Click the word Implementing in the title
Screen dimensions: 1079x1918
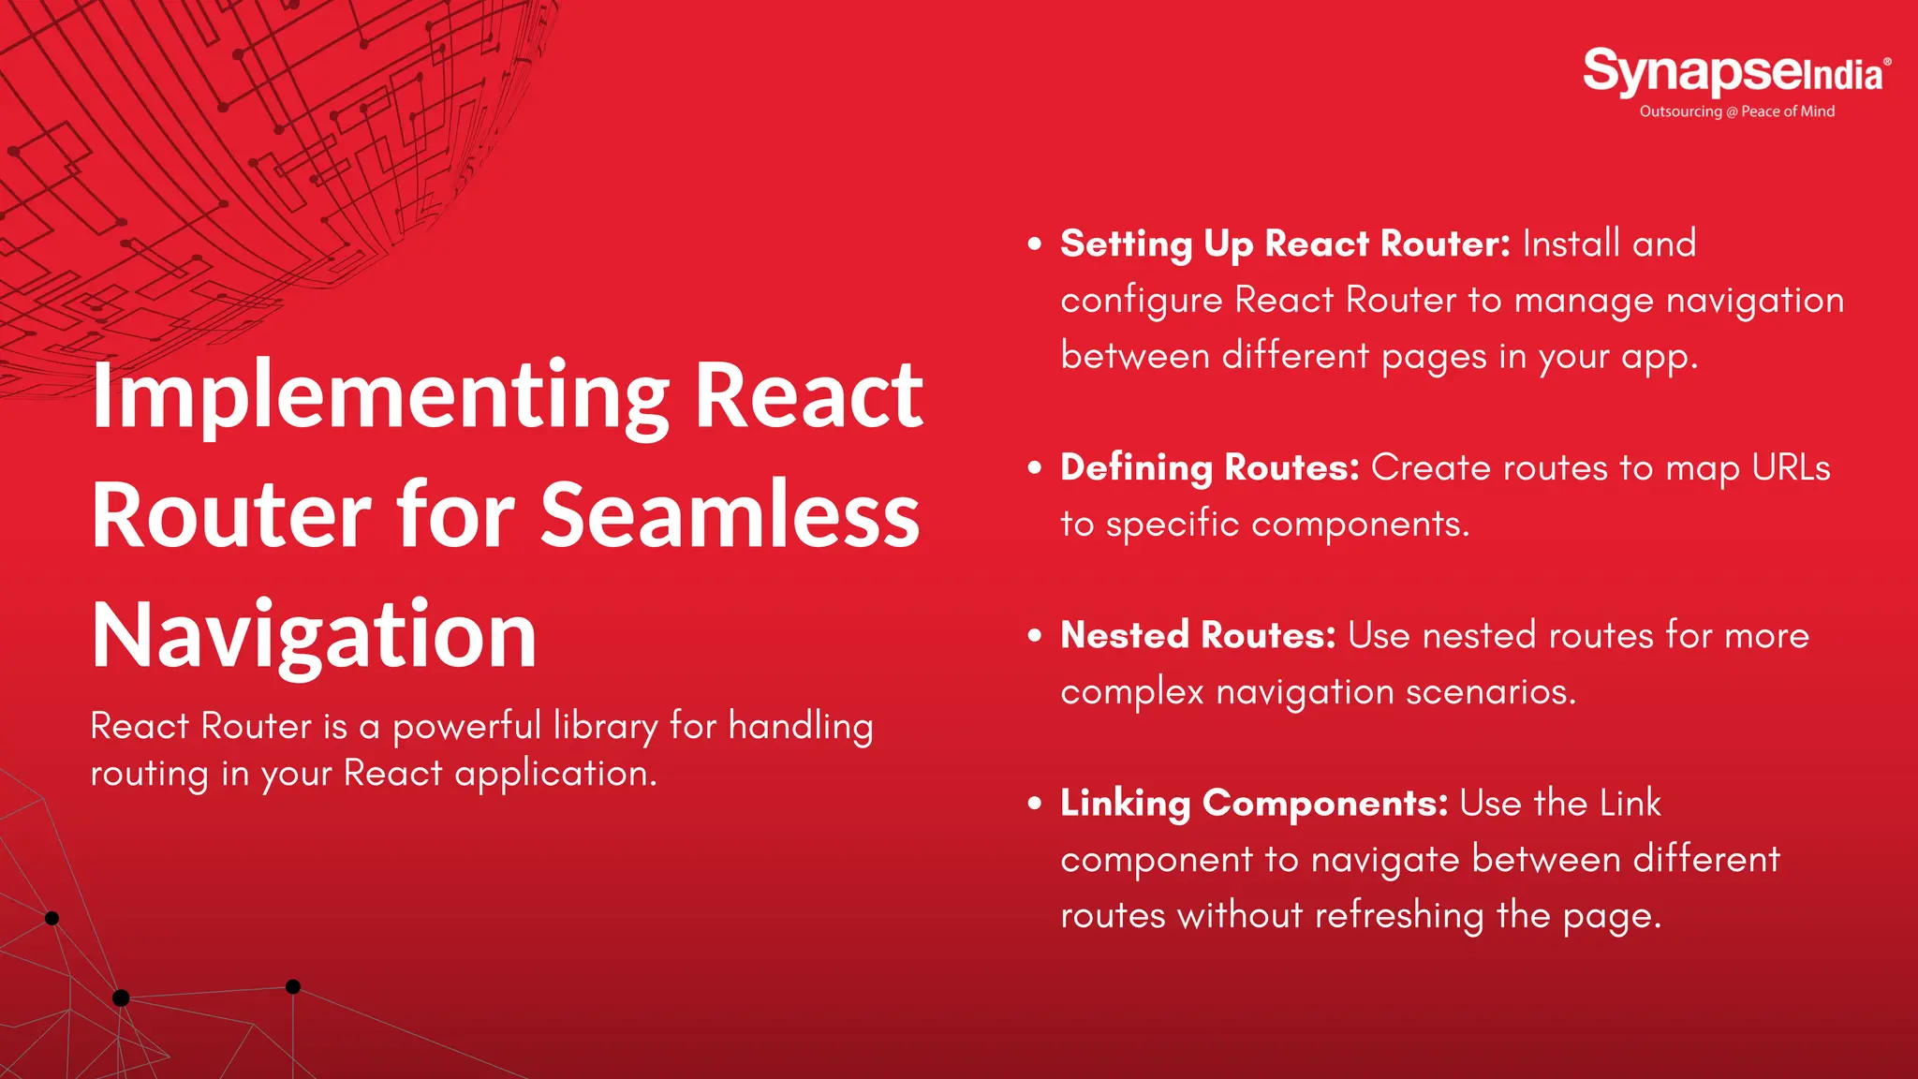pyautogui.click(x=380, y=398)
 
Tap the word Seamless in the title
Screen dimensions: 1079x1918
pyautogui.click(x=730, y=515)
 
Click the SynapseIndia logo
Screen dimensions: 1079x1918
pyautogui.click(x=1735, y=73)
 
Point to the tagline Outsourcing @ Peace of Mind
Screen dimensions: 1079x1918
pyautogui.click(x=1736, y=111)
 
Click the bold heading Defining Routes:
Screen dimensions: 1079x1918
pyautogui.click(x=1209, y=467)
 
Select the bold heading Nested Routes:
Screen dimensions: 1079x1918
pyautogui.click(x=1198, y=635)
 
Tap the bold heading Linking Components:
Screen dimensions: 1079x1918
pyautogui.click(x=1254, y=804)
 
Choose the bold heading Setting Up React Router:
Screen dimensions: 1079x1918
pyautogui.click(x=1285, y=244)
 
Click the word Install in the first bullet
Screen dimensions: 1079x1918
pyautogui.click(x=1571, y=244)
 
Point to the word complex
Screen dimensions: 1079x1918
pyautogui.click(x=1132, y=692)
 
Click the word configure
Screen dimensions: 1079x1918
pyautogui.click(x=1141, y=302)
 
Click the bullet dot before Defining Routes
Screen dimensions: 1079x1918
pyautogui.click(x=1035, y=467)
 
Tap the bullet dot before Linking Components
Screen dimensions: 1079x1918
pyautogui.click(x=1035, y=804)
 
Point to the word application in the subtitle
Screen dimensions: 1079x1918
pyautogui.click(x=555, y=775)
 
